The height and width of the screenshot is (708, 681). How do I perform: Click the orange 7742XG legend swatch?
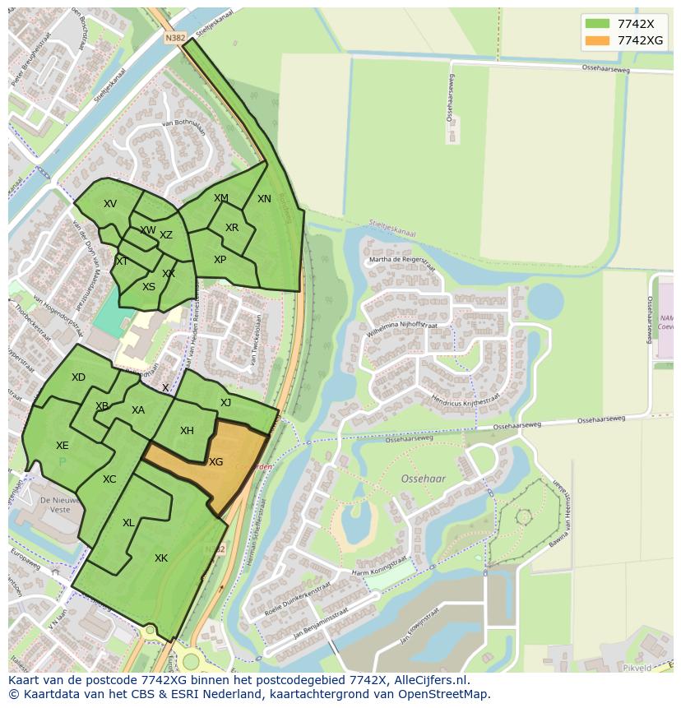[x=597, y=40]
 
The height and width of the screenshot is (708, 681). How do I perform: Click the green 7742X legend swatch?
[x=597, y=24]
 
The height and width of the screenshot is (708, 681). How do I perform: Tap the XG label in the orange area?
[x=215, y=462]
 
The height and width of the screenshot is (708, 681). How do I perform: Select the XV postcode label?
[x=110, y=204]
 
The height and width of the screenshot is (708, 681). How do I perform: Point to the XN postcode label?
[x=264, y=199]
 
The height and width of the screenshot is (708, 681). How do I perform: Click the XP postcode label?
[x=220, y=260]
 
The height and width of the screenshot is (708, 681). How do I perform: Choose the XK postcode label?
[x=161, y=558]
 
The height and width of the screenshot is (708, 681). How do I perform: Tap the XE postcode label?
[x=63, y=446]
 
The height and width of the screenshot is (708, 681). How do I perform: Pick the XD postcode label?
[x=78, y=377]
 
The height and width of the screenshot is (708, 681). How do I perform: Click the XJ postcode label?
[x=225, y=402]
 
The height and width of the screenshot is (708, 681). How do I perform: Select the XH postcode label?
[x=187, y=431]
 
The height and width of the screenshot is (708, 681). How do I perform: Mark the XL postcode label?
[x=128, y=523]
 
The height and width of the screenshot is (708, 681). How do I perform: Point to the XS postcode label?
[x=149, y=287]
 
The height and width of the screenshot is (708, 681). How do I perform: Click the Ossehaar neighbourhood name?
[x=423, y=478]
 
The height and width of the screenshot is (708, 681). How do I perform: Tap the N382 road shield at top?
[x=174, y=38]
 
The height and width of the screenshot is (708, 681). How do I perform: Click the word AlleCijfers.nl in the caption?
[x=431, y=680]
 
